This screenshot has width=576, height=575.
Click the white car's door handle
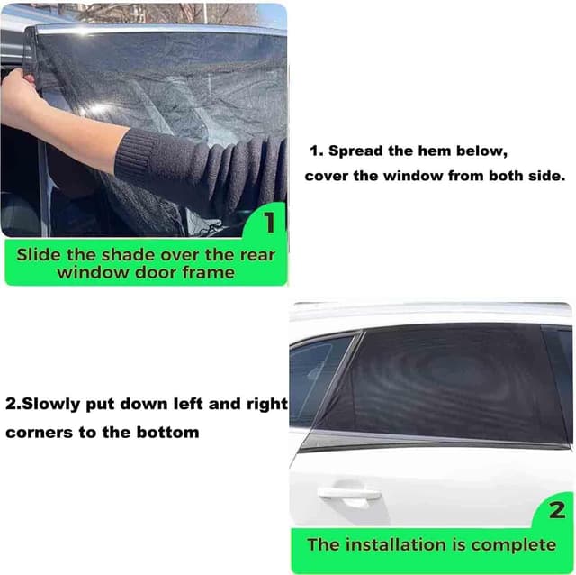349,494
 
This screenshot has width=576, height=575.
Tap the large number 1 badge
270,223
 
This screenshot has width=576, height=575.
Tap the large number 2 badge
557,510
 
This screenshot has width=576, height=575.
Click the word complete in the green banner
514,545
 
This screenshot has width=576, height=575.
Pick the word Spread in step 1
355,151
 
